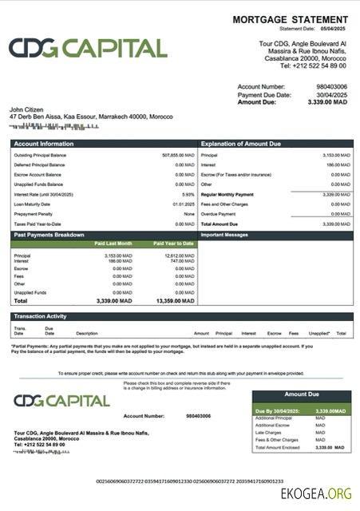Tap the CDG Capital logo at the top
pos(88,48)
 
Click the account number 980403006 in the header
pos(332,86)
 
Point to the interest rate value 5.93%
pos(188,194)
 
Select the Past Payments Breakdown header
pos(50,235)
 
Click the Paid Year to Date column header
pos(175,243)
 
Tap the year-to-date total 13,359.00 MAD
pos(176,301)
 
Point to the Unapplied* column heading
pos(318,333)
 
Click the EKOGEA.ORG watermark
pos(316,494)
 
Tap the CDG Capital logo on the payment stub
pos(61,400)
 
